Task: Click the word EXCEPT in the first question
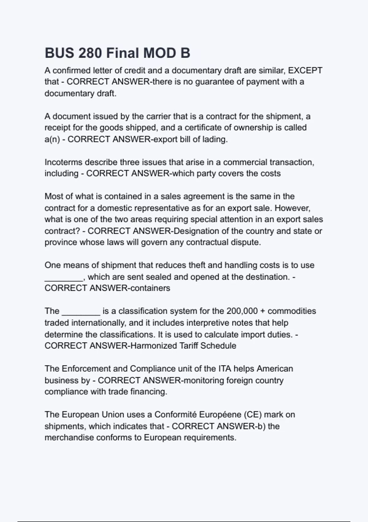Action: pyautogui.click(x=305, y=71)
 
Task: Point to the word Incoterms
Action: pyautogui.click(x=63, y=162)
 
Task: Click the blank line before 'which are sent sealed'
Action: pyautogui.click(x=64, y=277)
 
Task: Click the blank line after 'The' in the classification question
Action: pyautogui.click(x=81, y=311)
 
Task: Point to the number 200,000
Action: pyautogui.click(x=242, y=311)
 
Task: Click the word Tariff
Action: pyautogui.click(x=188, y=346)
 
